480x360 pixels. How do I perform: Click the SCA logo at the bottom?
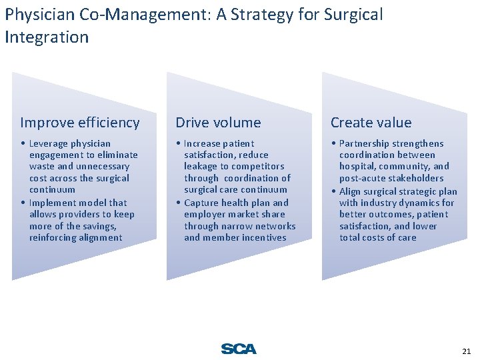(239, 349)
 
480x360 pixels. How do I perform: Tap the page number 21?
(466, 351)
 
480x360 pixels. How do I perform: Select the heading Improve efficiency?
(80, 123)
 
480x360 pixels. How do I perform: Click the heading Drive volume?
(218, 123)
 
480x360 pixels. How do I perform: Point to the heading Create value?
(371, 123)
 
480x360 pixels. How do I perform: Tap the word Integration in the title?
(47, 37)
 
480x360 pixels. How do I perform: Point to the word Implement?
(55, 203)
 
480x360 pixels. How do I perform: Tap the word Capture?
(203, 203)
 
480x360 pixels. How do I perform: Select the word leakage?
(201, 167)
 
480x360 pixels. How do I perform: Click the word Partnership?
(364, 143)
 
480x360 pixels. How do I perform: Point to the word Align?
(351, 191)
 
